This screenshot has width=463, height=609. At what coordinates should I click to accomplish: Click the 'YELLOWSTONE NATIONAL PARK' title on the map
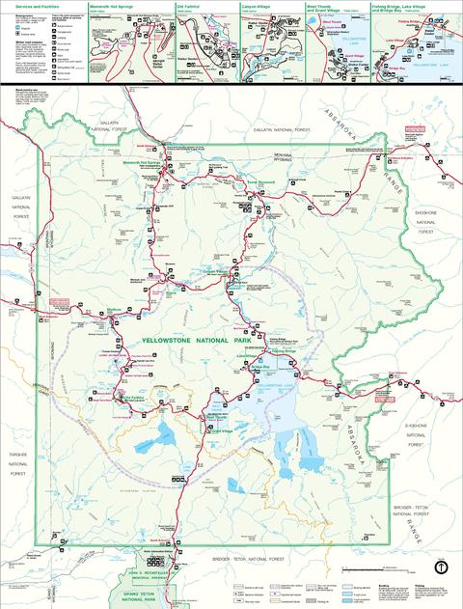(194, 341)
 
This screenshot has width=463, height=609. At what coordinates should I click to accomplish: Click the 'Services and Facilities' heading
(23, 5)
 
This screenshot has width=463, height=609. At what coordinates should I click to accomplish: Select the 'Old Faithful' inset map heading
(190, 5)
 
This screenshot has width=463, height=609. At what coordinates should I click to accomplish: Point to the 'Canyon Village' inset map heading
(258, 5)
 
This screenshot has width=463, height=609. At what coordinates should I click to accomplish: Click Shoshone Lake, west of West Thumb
(154, 439)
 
